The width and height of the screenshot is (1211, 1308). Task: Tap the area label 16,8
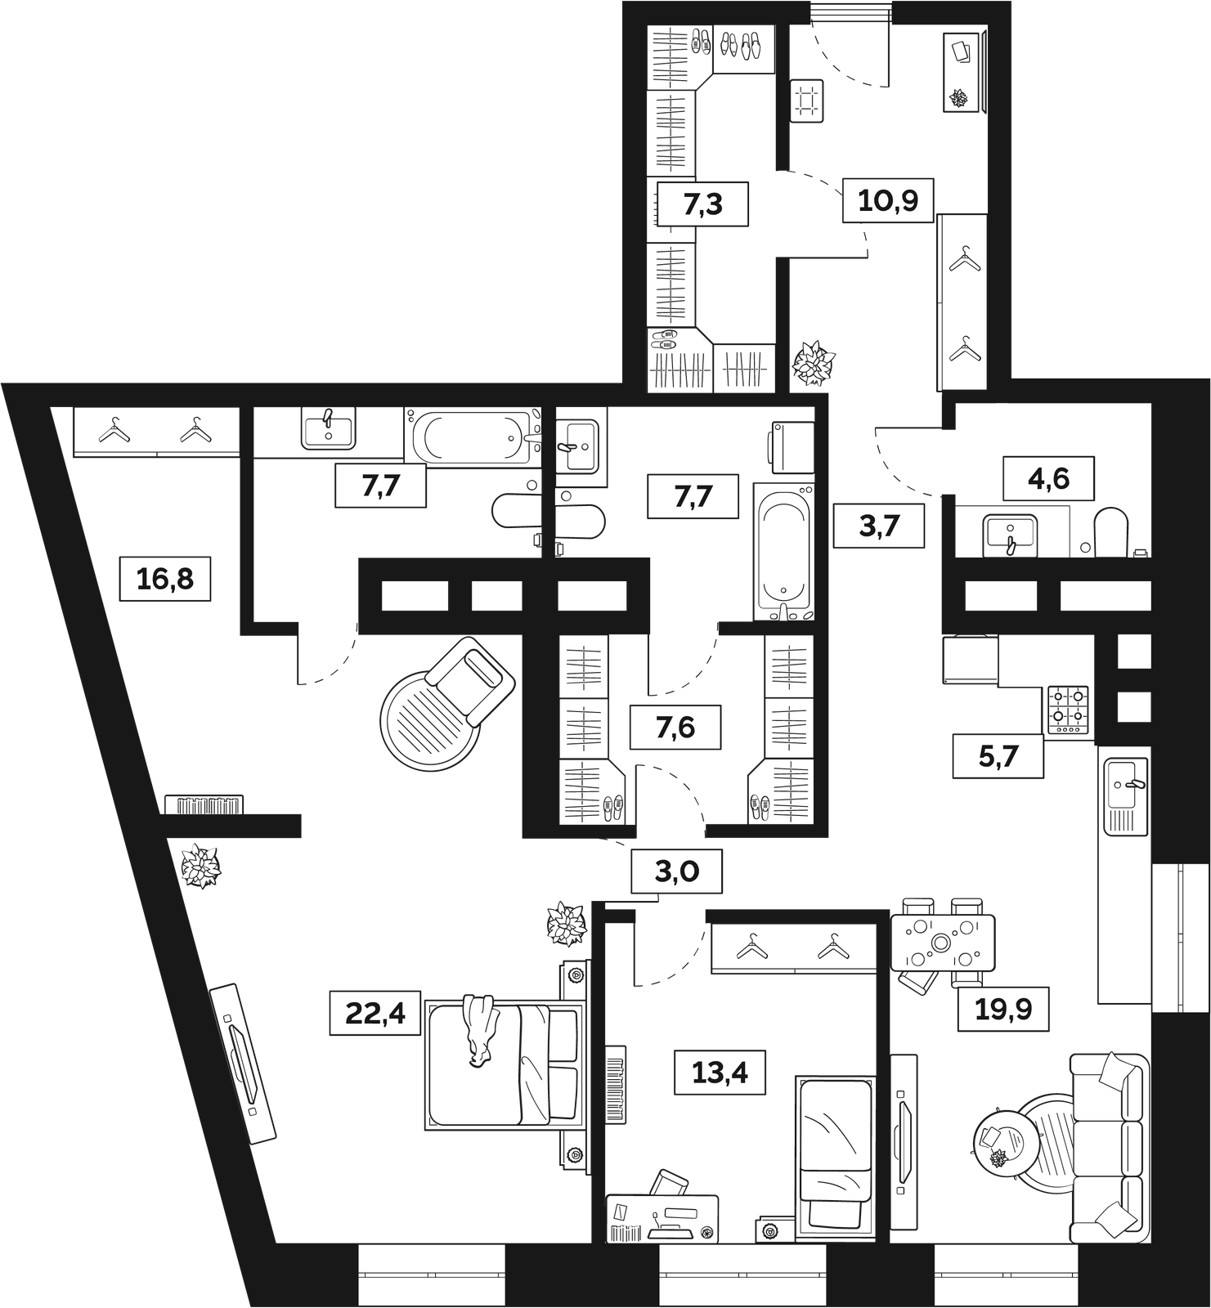tap(165, 579)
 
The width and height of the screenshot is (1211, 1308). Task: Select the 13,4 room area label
tap(720, 1072)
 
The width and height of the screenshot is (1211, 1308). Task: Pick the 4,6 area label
tap(1049, 478)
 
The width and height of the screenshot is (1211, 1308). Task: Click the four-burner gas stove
tap(1070, 708)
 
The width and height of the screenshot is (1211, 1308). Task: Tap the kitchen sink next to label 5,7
tap(1126, 796)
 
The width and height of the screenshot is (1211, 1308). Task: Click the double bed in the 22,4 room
tap(505, 1064)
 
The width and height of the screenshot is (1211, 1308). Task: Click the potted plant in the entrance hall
tap(814, 362)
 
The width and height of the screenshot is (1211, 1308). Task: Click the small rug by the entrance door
tap(806, 101)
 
